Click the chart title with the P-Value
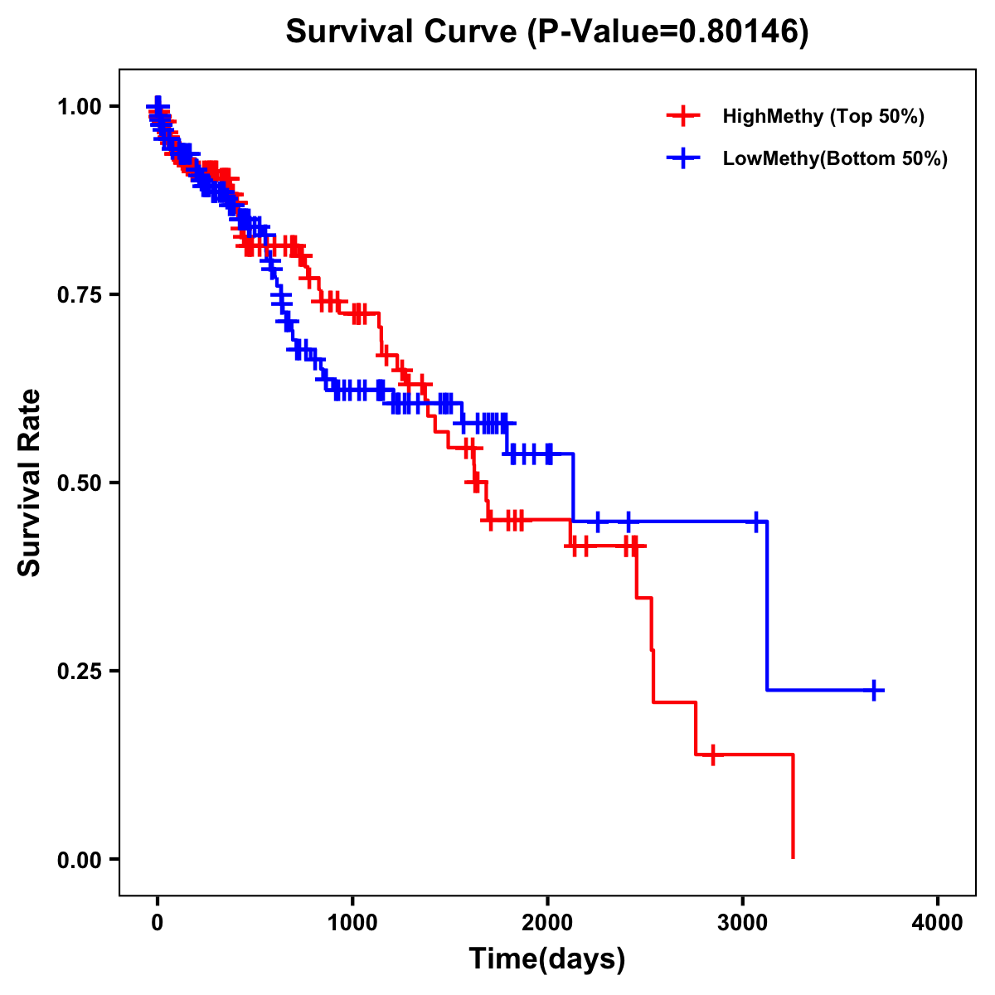tap(547, 32)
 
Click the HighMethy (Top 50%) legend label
tap(823, 116)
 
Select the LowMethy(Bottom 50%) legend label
tap(835, 158)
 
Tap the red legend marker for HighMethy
tap(682, 116)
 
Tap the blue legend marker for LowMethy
tap(682, 158)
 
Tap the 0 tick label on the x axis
tap(158, 922)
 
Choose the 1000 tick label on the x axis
tap(352, 922)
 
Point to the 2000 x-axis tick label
tap(547, 922)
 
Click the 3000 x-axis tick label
tap(743, 922)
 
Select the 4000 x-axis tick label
tap(938, 922)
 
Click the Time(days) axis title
tap(547, 959)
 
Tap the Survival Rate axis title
tap(30, 483)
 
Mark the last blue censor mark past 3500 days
tap(874, 690)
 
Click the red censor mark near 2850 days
tap(712, 755)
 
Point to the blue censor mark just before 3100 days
tap(755, 522)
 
